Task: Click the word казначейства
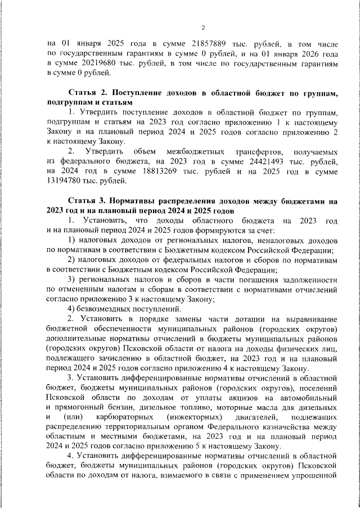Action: tap(273, 429)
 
